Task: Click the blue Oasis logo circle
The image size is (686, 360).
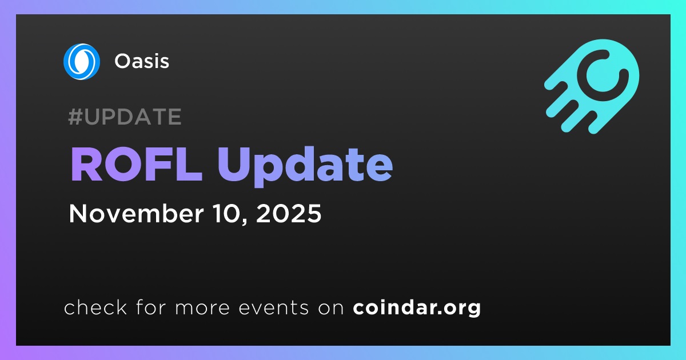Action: pyautogui.click(x=81, y=62)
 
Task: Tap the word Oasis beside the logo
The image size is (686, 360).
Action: pyautogui.click(x=142, y=61)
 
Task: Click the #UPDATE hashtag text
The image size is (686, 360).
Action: pyautogui.click(x=125, y=117)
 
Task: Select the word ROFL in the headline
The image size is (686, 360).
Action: pyautogui.click(x=136, y=165)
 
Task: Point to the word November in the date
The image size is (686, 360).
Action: pyautogui.click(x=136, y=213)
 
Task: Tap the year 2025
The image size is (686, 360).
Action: pyautogui.click(x=289, y=213)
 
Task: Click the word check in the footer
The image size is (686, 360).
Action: pyautogui.click(x=95, y=307)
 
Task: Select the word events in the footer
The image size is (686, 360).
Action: pyautogui.click(x=273, y=307)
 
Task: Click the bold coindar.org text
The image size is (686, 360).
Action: pyautogui.click(x=417, y=307)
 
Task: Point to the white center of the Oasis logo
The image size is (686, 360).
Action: pyautogui.click(x=81, y=62)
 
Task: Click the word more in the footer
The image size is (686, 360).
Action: pyautogui.click(x=202, y=307)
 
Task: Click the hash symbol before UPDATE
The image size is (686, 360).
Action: pyautogui.click(x=75, y=117)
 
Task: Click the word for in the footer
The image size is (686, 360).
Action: pyautogui.click(x=151, y=307)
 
